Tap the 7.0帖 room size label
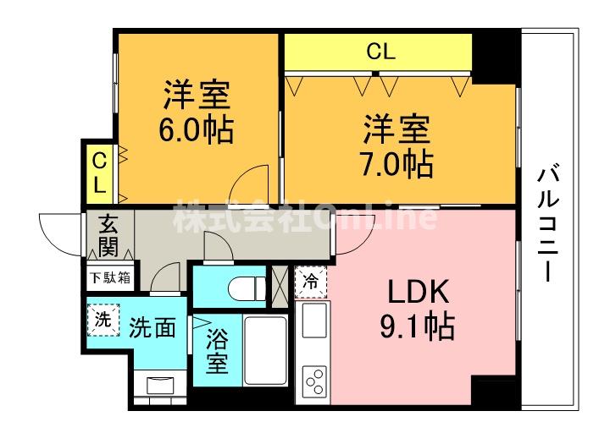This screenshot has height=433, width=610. coord(398,163)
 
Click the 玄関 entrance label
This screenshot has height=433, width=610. coord(108,236)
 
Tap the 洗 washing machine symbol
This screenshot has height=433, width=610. coord(103,320)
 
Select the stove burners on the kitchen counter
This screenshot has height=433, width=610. coord(313,381)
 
